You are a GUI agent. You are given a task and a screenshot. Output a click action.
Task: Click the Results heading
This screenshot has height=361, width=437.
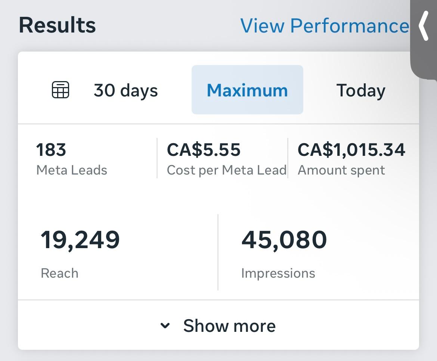57,25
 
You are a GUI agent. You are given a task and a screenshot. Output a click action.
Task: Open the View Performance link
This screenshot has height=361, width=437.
324,26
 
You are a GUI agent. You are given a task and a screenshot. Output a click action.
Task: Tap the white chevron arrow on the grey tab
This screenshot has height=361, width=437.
424,26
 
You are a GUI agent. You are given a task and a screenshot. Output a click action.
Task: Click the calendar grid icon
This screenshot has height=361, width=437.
60,90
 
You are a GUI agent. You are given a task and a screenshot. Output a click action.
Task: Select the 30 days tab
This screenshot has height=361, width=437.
125,90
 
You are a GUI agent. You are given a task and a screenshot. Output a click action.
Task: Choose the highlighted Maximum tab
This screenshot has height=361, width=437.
247,90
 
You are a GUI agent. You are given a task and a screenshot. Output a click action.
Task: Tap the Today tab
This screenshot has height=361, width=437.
360,90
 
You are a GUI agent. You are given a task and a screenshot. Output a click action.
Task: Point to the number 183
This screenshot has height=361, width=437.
51,150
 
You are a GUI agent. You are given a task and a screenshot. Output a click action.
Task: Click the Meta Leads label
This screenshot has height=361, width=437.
72,170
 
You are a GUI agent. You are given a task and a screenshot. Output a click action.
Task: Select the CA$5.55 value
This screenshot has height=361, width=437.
204,150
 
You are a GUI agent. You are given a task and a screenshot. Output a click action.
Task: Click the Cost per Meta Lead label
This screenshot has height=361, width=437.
226,170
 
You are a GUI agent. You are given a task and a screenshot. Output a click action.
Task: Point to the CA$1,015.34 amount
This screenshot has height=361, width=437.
351,150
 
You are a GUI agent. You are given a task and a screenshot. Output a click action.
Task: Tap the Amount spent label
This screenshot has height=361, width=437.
341,170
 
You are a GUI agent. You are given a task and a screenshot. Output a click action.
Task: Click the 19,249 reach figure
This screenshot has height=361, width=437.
80,240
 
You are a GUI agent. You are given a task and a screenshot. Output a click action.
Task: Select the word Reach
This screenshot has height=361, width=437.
59,273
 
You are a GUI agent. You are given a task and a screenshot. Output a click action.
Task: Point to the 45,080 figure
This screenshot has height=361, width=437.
284,240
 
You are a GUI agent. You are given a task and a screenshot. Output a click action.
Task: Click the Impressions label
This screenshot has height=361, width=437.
278,273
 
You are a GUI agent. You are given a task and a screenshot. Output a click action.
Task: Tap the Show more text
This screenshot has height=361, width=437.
229,325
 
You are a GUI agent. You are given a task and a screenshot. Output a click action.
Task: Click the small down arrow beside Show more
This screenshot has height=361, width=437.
165,326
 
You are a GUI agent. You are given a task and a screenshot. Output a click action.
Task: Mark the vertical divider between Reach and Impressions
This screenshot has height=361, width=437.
218,252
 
